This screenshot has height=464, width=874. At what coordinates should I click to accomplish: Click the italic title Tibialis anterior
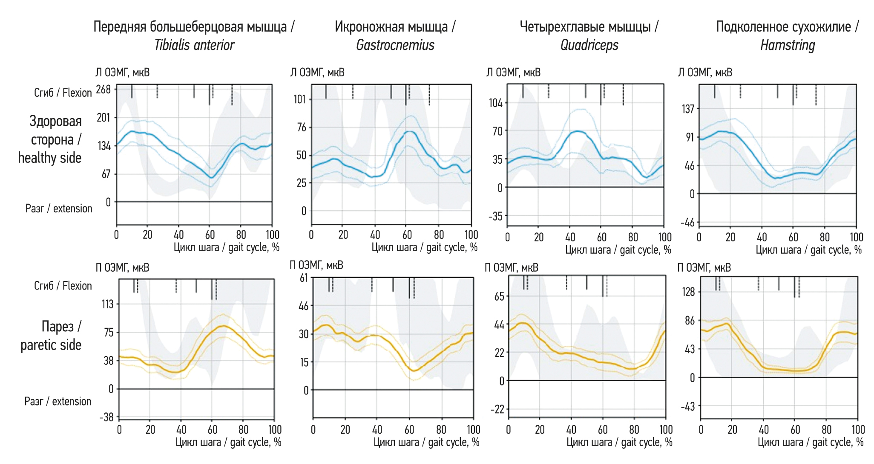(194, 45)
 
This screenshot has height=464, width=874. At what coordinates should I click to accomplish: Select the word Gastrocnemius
(395, 45)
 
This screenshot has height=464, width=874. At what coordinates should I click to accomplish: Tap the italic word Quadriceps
(589, 45)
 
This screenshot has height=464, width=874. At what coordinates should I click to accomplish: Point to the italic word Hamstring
(788, 45)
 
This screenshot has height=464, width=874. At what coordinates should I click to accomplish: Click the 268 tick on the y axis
(103, 90)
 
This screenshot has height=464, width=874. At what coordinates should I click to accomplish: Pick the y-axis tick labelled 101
(300, 99)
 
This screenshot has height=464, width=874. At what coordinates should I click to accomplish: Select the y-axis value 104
(495, 103)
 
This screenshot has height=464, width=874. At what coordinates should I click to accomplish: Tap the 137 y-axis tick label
(688, 109)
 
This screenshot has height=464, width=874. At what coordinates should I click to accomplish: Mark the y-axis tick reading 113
(107, 304)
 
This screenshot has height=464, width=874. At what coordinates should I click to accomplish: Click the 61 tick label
(303, 278)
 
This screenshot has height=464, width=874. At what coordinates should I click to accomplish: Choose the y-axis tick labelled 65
(499, 296)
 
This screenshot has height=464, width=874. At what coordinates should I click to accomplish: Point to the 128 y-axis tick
(688, 292)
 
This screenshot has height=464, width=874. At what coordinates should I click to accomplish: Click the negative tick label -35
(495, 216)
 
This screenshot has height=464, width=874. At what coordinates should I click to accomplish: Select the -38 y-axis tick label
(106, 417)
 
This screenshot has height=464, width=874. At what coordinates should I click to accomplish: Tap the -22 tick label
(497, 409)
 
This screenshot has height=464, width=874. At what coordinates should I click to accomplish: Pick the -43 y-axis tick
(687, 406)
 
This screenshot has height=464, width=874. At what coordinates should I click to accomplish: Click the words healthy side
(49, 158)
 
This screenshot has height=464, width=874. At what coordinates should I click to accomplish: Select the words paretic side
(51, 345)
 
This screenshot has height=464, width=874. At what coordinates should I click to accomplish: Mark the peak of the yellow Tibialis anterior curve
(223, 326)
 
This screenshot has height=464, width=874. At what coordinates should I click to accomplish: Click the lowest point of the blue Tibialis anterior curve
(211, 177)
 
